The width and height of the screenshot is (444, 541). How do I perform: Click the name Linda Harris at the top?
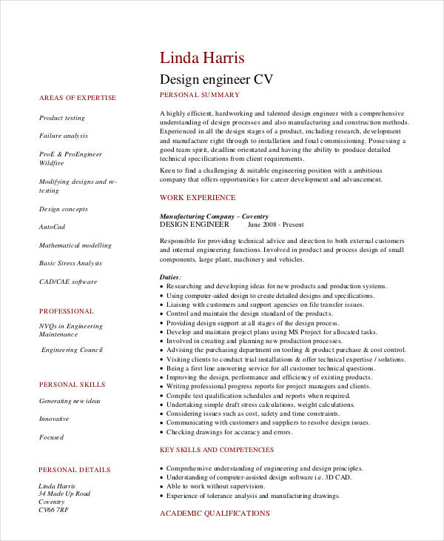(x=202, y=58)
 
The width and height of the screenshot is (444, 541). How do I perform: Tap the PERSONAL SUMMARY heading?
(x=200, y=95)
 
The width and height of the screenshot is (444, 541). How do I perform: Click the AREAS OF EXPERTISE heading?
(x=78, y=98)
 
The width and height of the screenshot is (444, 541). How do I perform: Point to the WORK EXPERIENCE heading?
(x=198, y=198)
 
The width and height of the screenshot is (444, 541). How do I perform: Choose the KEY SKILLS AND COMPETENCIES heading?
(x=217, y=450)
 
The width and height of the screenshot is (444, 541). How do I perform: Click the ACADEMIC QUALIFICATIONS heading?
(x=215, y=513)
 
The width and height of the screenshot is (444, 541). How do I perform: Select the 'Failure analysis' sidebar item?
(x=64, y=136)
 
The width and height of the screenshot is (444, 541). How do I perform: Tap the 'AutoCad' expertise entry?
(x=52, y=227)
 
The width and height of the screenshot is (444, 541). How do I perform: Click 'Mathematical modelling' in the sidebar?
(x=75, y=245)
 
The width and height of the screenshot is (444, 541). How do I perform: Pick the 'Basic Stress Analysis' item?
(x=70, y=263)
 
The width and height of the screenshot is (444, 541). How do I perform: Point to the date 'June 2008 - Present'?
(x=275, y=224)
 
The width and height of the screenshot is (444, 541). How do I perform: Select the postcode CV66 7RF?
(x=53, y=510)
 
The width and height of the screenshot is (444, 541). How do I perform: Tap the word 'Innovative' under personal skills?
(x=54, y=419)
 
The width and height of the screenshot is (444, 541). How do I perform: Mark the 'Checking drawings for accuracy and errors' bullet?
(x=229, y=432)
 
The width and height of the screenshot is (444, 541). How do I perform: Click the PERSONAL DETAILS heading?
(x=75, y=470)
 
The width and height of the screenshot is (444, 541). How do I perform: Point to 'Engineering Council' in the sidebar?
(x=72, y=350)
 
